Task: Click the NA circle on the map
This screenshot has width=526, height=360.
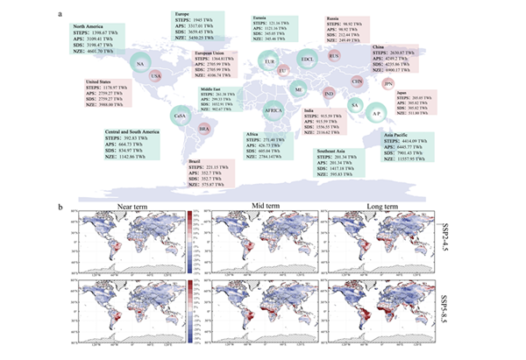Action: coord(140,66)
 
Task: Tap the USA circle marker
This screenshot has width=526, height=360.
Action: coord(158,76)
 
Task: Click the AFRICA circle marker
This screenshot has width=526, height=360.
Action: coord(276,110)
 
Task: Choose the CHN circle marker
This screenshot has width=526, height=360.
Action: coord(357,81)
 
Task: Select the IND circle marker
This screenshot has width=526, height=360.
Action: coord(329,93)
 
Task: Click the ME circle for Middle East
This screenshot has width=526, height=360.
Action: coord(299,89)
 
